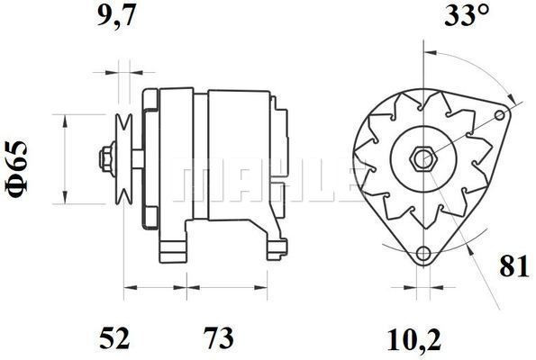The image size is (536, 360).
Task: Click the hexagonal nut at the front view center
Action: click(421, 158)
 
